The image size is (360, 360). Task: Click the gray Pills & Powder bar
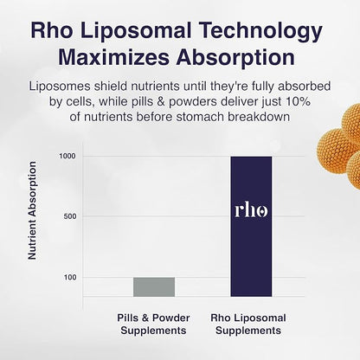[x=154, y=286]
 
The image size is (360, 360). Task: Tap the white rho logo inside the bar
[x=251, y=210]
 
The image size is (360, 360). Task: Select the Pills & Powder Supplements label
[x=154, y=325]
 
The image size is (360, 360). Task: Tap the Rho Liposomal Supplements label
[x=251, y=325]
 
